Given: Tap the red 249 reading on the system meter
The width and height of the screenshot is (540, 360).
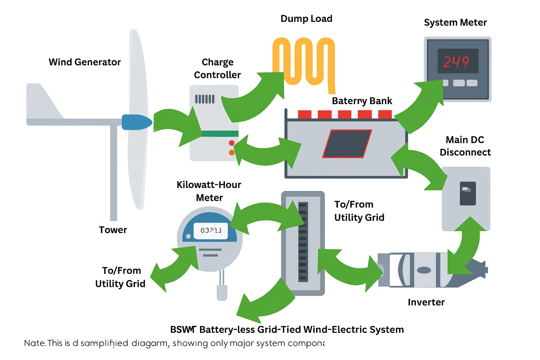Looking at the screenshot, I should pyautogui.click(x=456, y=62).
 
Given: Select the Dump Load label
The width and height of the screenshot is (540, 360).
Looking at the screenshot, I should pyautogui.click(x=306, y=19).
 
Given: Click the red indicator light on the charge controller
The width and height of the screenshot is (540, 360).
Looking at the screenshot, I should pyautogui.click(x=232, y=143).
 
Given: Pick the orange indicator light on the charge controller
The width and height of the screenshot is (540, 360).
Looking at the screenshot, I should pyautogui.click(x=232, y=153).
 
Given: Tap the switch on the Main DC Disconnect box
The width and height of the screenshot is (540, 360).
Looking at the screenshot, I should pyautogui.click(x=468, y=193).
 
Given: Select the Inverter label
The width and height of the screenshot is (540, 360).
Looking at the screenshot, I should pyautogui.click(x=426, y=302).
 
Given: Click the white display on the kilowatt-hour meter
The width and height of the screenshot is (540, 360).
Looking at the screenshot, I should pyautogui.click(x=211, y=231).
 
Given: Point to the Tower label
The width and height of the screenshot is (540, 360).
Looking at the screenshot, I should pyautogui.click(x=113, y=230).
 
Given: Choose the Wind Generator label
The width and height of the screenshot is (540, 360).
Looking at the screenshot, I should pyautogui.click(x=85, y=62).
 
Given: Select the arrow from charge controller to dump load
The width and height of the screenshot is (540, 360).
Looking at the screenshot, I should pyautogui.click(x=253, y=98).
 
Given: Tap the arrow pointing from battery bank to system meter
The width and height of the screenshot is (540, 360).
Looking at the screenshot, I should pyautogui.click(x=420, y=105).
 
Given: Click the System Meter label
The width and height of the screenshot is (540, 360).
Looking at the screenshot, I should pyautogui.click(x=455, y=22).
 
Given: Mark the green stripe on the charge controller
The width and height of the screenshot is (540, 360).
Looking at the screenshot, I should pyautogui.click(x=220, y=134).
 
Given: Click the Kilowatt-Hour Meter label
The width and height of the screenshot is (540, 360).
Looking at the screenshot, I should pyautogui.click(x=209, y=191).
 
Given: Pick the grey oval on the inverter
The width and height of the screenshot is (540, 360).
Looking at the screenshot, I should pyautogui.click(x=424, y=270).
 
